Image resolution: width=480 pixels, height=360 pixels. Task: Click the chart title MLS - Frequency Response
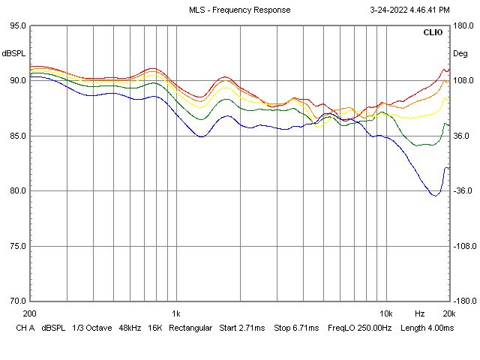click(239, 10)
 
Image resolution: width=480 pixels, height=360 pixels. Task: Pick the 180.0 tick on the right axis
click(463, 25)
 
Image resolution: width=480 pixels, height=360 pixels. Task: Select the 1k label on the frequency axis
click(176, 313)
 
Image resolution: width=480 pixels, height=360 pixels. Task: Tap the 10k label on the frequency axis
click(386, 313)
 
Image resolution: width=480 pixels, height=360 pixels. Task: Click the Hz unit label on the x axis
click(420, 313)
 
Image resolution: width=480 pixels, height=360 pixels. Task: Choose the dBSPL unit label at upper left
click(14, 53)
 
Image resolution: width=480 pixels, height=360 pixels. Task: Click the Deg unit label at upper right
click(460, 53)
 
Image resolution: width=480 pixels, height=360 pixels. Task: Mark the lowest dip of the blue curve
click(435, 195)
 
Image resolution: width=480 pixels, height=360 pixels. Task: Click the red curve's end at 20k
click(448, 68)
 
